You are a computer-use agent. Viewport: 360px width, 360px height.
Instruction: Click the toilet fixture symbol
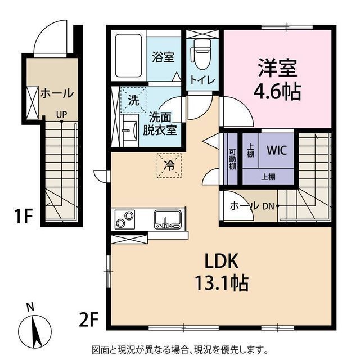pos(202,54)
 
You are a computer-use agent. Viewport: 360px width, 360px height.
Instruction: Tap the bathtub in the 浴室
pos(128,56)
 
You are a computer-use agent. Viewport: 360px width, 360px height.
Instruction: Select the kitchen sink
pos(168,219)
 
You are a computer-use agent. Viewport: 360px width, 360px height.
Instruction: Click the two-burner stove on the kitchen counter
pos(125,219)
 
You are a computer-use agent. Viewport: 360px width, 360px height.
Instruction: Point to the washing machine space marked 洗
pos(133,100)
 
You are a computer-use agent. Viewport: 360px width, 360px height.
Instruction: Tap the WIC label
pos(277,150)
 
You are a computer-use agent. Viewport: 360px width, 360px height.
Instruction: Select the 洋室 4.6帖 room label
pos(277,79)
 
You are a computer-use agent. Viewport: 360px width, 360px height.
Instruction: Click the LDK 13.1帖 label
pos(222,272)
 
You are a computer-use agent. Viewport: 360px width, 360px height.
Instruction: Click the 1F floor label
pos(22,216)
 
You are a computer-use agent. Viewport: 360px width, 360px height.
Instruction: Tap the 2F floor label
pos(88,319)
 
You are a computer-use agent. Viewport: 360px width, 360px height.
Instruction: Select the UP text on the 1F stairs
pos(61,114)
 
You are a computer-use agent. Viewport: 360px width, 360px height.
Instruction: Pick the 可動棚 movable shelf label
pos(232,159)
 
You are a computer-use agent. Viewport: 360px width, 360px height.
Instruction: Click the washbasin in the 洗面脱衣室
pos(129,130)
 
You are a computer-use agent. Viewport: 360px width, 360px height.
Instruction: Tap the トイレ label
pos(202,80)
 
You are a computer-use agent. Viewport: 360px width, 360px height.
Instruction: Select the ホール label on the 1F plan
pos(57,93)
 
